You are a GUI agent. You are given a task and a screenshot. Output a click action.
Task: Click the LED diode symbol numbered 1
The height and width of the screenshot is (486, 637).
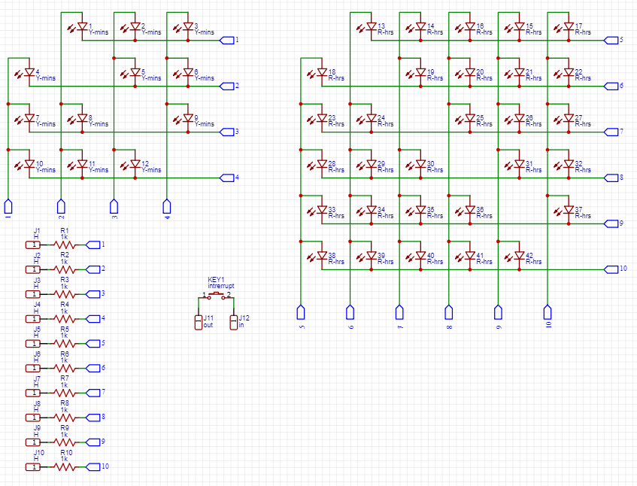pos(83,27)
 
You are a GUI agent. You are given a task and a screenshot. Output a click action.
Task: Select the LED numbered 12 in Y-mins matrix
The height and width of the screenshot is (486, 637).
pos(135,164)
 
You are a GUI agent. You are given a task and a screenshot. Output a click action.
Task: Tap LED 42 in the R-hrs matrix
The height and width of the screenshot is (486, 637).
pos(520,257)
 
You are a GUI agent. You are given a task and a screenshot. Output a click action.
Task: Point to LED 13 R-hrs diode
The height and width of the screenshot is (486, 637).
pos(371,27)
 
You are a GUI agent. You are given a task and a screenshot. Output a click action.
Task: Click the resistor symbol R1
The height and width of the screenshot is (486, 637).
pos(65,245)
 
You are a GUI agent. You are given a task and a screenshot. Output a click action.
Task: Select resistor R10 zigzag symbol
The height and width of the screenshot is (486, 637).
pos(65,466)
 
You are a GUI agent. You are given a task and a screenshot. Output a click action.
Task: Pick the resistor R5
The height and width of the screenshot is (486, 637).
pos(65,343)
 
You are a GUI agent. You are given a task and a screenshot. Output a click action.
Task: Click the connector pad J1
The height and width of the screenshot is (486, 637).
pos(33,245)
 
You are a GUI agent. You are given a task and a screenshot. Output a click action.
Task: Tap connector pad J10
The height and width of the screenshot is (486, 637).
pos(33,466)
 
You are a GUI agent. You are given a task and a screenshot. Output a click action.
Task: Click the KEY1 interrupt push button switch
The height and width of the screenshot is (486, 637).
pos(217,296)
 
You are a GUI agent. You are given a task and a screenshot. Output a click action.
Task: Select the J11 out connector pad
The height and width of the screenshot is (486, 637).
pos(199,322)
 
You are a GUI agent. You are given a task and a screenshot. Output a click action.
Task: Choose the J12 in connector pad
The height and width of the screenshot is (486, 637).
pos(234,322)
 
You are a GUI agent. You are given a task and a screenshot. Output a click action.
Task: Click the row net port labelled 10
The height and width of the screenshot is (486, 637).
pos(610,269)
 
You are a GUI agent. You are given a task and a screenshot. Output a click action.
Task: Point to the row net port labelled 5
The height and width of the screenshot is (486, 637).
pos(610,40)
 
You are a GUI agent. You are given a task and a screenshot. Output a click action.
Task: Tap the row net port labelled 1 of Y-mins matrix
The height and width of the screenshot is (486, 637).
pos(226,40)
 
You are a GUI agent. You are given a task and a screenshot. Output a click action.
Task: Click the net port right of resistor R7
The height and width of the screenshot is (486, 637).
pos(93,392)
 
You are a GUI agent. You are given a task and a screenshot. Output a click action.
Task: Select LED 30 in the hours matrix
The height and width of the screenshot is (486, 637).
pos(420,164)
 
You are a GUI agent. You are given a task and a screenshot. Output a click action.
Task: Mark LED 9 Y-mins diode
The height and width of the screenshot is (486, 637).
pos(188,119)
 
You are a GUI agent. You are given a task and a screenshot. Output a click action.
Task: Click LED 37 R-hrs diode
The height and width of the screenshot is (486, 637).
pos(569,210)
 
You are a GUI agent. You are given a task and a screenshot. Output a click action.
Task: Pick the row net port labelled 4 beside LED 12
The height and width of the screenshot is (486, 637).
pos(226,178)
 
